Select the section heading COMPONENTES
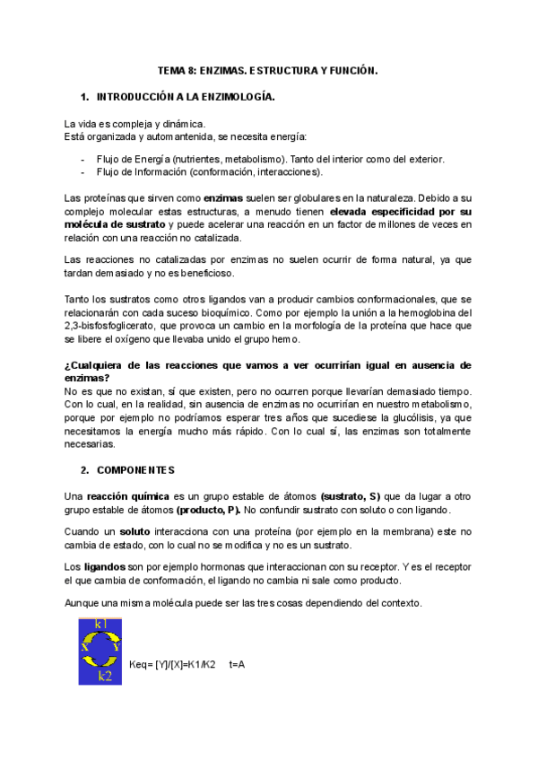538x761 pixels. point(135,469)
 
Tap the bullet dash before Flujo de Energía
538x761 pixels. point(82,159)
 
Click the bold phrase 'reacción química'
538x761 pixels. point(126,496)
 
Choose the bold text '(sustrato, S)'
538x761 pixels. point(351,496)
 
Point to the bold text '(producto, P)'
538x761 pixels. point(208,510)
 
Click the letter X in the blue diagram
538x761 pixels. point(84,645)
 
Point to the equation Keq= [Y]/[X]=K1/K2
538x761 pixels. point(172,664)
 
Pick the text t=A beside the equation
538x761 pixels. point(238,664)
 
